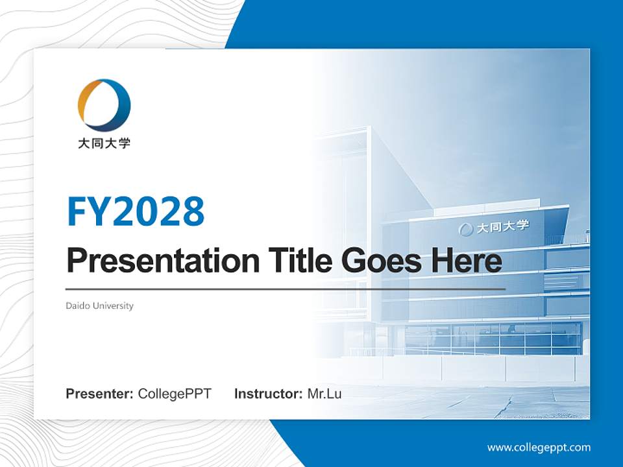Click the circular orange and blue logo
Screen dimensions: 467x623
coord(104,105)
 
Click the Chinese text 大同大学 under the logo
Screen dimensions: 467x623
coord(104,143)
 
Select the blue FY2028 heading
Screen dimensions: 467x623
coord(136,211)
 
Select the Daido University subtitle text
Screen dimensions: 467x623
coord(99,305)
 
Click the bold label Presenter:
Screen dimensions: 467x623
coord(100,394)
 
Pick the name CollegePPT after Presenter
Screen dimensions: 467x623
coord(175,394)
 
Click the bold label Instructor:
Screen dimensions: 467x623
coord(268,394)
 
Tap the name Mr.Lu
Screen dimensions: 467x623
coord(324,394)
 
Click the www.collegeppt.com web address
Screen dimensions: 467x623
coord(539,448)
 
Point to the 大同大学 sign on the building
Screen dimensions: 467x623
coord(503,227)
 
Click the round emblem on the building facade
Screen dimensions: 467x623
coord(466,230)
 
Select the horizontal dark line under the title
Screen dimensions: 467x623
coord(286,289)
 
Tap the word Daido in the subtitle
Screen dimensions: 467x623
coord(78,305)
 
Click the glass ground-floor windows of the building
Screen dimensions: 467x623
coord(493,339)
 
